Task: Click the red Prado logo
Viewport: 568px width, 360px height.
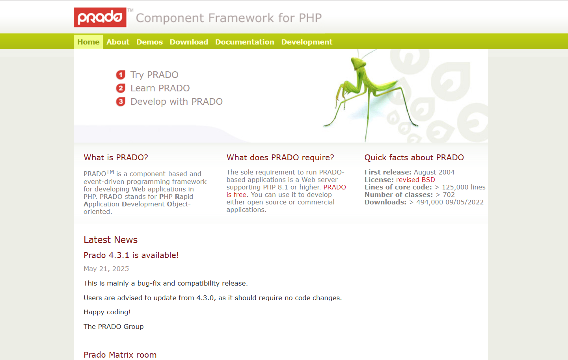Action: click(100, 17)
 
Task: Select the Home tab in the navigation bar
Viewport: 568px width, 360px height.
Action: click(88, 42)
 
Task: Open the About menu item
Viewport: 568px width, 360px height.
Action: click(118, 42)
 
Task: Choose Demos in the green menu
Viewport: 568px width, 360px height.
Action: click(150, 42)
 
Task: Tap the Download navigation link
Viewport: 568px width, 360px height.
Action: click(189, 42)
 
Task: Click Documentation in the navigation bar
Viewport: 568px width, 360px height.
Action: click(245, 42)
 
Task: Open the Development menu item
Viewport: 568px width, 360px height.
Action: click(307, 42)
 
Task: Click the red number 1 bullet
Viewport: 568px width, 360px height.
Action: click(121, 75)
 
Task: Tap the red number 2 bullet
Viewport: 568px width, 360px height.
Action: click(121, 88)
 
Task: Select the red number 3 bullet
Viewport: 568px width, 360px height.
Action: click(121, 102)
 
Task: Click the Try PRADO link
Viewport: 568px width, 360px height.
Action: click(155, 75)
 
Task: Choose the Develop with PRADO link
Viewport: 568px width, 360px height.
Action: click(177, 102)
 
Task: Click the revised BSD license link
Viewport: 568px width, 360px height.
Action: click(415, 180)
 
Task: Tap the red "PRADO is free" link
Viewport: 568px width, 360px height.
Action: click(286, 191)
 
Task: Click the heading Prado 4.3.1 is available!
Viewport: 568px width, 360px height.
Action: click(131, 255)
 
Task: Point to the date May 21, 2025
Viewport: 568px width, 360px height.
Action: click(106, 269)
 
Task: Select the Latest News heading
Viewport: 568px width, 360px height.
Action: click(110, 239)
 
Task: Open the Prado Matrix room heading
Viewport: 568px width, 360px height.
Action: click(120, 354)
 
